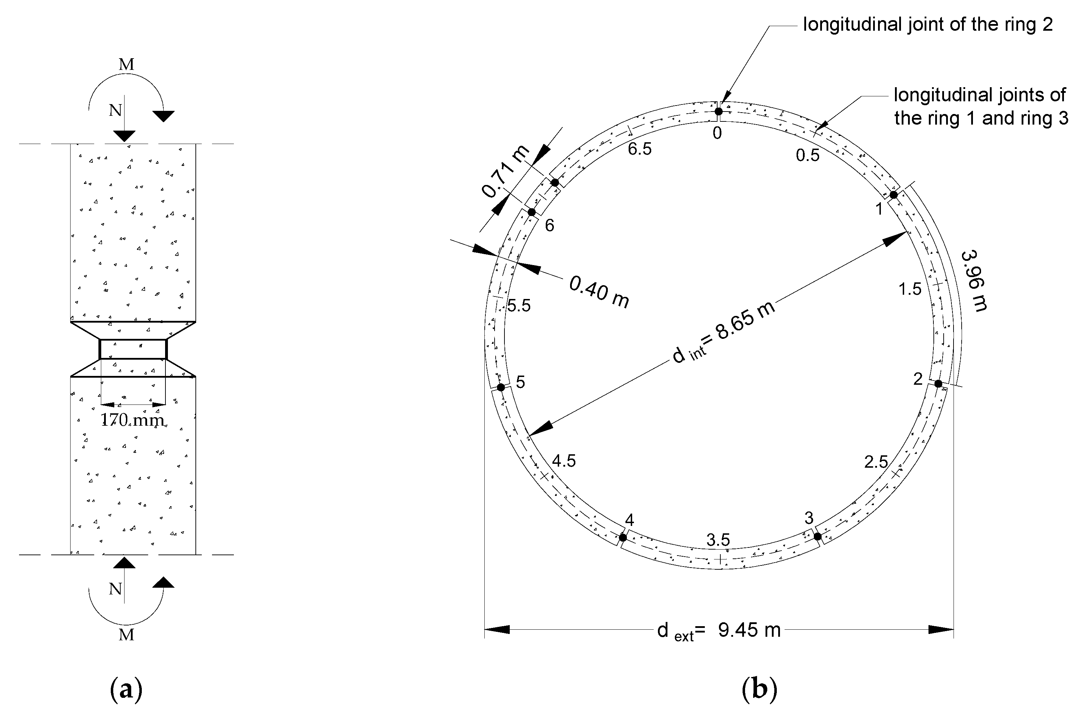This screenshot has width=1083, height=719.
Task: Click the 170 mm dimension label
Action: [x=132, y=420]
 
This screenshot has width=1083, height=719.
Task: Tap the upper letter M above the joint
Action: [x=127, y=65]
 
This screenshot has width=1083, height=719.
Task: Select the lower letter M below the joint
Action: [x=127, y=635]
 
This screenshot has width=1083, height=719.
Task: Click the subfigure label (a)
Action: [x=127, y=690]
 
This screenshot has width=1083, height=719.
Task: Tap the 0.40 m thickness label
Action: [x=599, y=291]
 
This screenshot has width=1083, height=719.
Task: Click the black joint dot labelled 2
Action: [x=938, y=383]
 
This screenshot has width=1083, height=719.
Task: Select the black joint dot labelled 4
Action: [x=622, y=538]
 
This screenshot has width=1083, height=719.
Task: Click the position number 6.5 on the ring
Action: [x=639, y=149]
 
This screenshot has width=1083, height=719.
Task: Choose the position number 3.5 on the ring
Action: [x=718, y=540]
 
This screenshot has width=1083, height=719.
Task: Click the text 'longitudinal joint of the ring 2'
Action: [x=928, y=24]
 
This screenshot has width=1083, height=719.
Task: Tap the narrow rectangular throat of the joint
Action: [x=133, y=349]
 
